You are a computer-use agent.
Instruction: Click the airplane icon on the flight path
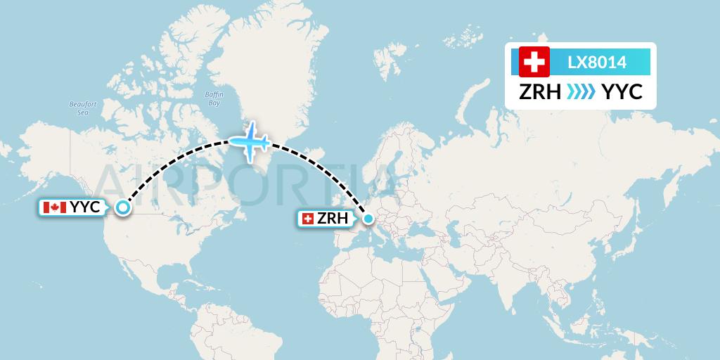tap(250, 142)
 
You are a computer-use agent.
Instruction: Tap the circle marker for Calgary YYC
tap(123, 207)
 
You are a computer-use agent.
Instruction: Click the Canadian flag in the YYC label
tap(54, 207)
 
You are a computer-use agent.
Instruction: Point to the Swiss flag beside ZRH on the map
tap(307, 219)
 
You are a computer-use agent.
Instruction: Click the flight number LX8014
tap(597, 63)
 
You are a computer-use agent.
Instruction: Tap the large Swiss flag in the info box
tap(534, 62)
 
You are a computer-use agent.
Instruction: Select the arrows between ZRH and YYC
tap(581, 91)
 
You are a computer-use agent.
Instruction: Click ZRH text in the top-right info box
tap(539, 91)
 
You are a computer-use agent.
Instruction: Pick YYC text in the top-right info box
tap(622, 91)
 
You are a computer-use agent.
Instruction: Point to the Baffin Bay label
tap(214, 98)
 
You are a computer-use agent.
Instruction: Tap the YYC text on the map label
tap(86, 207)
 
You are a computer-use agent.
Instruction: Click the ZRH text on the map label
tap(333, 219)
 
